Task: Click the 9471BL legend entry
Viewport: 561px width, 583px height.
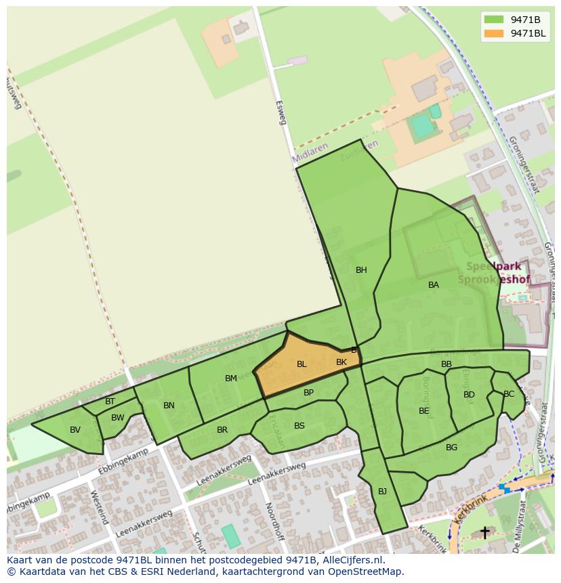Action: coord(515,34)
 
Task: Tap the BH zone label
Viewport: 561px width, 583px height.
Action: coord(361,270)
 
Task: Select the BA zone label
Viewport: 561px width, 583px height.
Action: coord(434,285)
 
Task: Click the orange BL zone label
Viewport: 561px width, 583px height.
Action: coord(302,364)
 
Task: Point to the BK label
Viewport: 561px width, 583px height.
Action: coord(341,362)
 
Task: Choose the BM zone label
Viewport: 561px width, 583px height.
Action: coord(231,379)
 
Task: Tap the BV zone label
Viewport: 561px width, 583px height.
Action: coord(75,430)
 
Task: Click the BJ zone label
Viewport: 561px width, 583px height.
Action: coord(382,492)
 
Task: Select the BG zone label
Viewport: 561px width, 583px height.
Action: coord(452,448)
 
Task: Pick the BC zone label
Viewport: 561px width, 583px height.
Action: coord(509,394)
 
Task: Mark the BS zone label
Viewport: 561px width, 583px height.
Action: coord(299,426)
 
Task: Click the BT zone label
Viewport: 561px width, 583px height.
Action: coord(110,402)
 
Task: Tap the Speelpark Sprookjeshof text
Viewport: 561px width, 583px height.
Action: coord(494,273)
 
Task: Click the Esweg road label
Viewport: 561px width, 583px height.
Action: coord(280,113)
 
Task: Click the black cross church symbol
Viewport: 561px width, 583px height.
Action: coord(484,533)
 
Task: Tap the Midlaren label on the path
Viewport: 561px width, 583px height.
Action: coord(311,152)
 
